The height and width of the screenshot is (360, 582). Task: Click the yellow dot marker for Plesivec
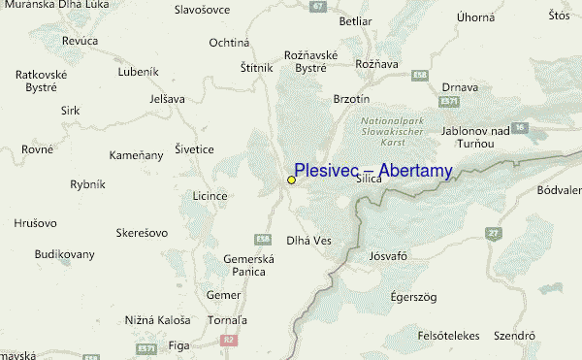click(291, 180)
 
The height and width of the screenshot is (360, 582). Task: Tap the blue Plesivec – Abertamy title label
click(373, 172)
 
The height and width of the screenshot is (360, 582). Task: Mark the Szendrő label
click(515, 336)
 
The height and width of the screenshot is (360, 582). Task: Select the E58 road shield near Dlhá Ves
click(262, 239)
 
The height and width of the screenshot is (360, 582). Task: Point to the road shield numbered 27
click(493, 233)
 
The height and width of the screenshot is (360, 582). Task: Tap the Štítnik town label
click(257, 68)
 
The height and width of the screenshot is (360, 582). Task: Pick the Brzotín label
click(351, 99)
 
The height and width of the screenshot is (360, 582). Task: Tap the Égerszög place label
click(408, 295)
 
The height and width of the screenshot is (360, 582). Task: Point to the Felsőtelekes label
click(448, 336)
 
